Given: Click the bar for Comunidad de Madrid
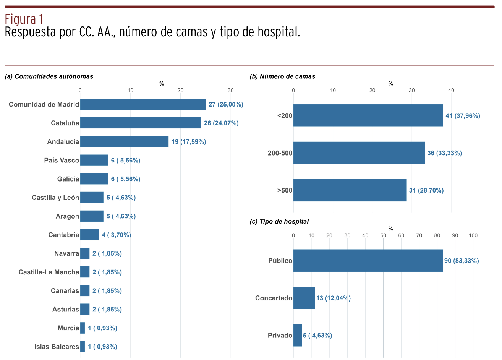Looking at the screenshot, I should tap(143, 104).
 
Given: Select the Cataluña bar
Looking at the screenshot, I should tap(140, 123).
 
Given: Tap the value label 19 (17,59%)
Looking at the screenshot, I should tap(189, 142).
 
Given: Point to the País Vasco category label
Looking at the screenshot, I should tap(62, 161).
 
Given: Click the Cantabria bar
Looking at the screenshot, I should tap(89, 235).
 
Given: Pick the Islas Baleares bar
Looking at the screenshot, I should tap(83, 347).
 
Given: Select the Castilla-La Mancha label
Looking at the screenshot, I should tap(49, 272).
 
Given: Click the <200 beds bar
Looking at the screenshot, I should tap(368, 115).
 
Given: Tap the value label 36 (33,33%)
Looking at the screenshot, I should tap(444, 153).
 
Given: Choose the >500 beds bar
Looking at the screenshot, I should tap(350, 190).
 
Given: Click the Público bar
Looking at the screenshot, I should tap(368, 261).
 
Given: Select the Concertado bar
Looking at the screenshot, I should tap(304, 298).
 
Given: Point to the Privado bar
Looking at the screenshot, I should tap(298, 336).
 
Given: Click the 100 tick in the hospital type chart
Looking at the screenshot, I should tap(473, 235).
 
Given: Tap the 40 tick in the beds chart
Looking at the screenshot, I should tap(451, 91).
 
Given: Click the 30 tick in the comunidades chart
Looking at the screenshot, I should tap(230, 91).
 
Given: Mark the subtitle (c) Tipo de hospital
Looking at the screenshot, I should tap(279, 222).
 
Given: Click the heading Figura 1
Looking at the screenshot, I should tap(24, 19).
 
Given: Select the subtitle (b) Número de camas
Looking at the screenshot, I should tap(282, 76).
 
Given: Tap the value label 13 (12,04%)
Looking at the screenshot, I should tap(333, 298).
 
